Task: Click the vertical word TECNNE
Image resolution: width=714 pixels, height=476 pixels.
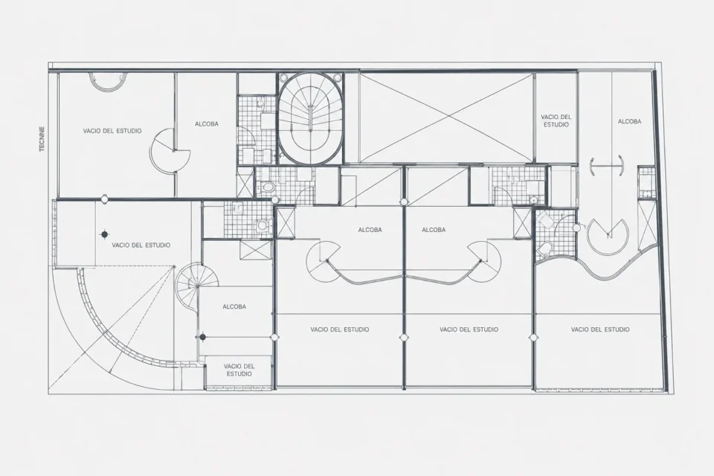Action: pyautogui.click(x=42, y=138)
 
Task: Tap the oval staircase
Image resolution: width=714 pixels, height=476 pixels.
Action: pyautogui.click(x=310, y=118)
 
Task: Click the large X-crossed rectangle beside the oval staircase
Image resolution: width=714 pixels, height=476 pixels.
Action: pyautogui.click(x=446, y=117)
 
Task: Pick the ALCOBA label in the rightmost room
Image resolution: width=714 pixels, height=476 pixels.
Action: pyautogui.click(x=629, y=122)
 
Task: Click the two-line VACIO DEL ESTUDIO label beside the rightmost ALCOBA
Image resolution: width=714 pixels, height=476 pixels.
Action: pyautogui.click(x=556, y=120)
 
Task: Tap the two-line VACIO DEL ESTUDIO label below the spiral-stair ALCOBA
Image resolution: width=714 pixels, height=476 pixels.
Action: pyautogui.click(x=239, y=370)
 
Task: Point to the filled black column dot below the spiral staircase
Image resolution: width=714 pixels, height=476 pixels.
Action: pyautogui.click(x=202, y=337)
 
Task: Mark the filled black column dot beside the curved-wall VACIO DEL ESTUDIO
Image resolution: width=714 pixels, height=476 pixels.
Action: pyautogui.click(x=105, y=234)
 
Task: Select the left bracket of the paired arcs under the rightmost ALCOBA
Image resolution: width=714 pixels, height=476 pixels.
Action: pyautogui.click(x=592, y=167)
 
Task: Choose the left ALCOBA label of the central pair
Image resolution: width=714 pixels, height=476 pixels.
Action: pyautogui.click(x=370, y=230)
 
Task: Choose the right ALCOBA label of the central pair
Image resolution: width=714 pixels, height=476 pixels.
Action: pyautogui.click(x=434, y=230)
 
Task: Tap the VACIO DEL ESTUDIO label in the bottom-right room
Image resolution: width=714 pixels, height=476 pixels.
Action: pyautogui.click(x=600, y=329)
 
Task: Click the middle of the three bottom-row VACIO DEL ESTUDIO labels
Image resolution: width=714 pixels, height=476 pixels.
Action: pyautogui.click(x=469, y=329)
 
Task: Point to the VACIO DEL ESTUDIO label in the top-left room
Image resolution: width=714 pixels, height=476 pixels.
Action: pyautogui.click(x=112, y=131)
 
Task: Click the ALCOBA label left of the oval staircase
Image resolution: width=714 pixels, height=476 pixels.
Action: pyautogui.click(x=206, y=124)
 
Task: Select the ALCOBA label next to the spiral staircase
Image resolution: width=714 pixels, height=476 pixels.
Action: pyautogui.click(x=234, y=307)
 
